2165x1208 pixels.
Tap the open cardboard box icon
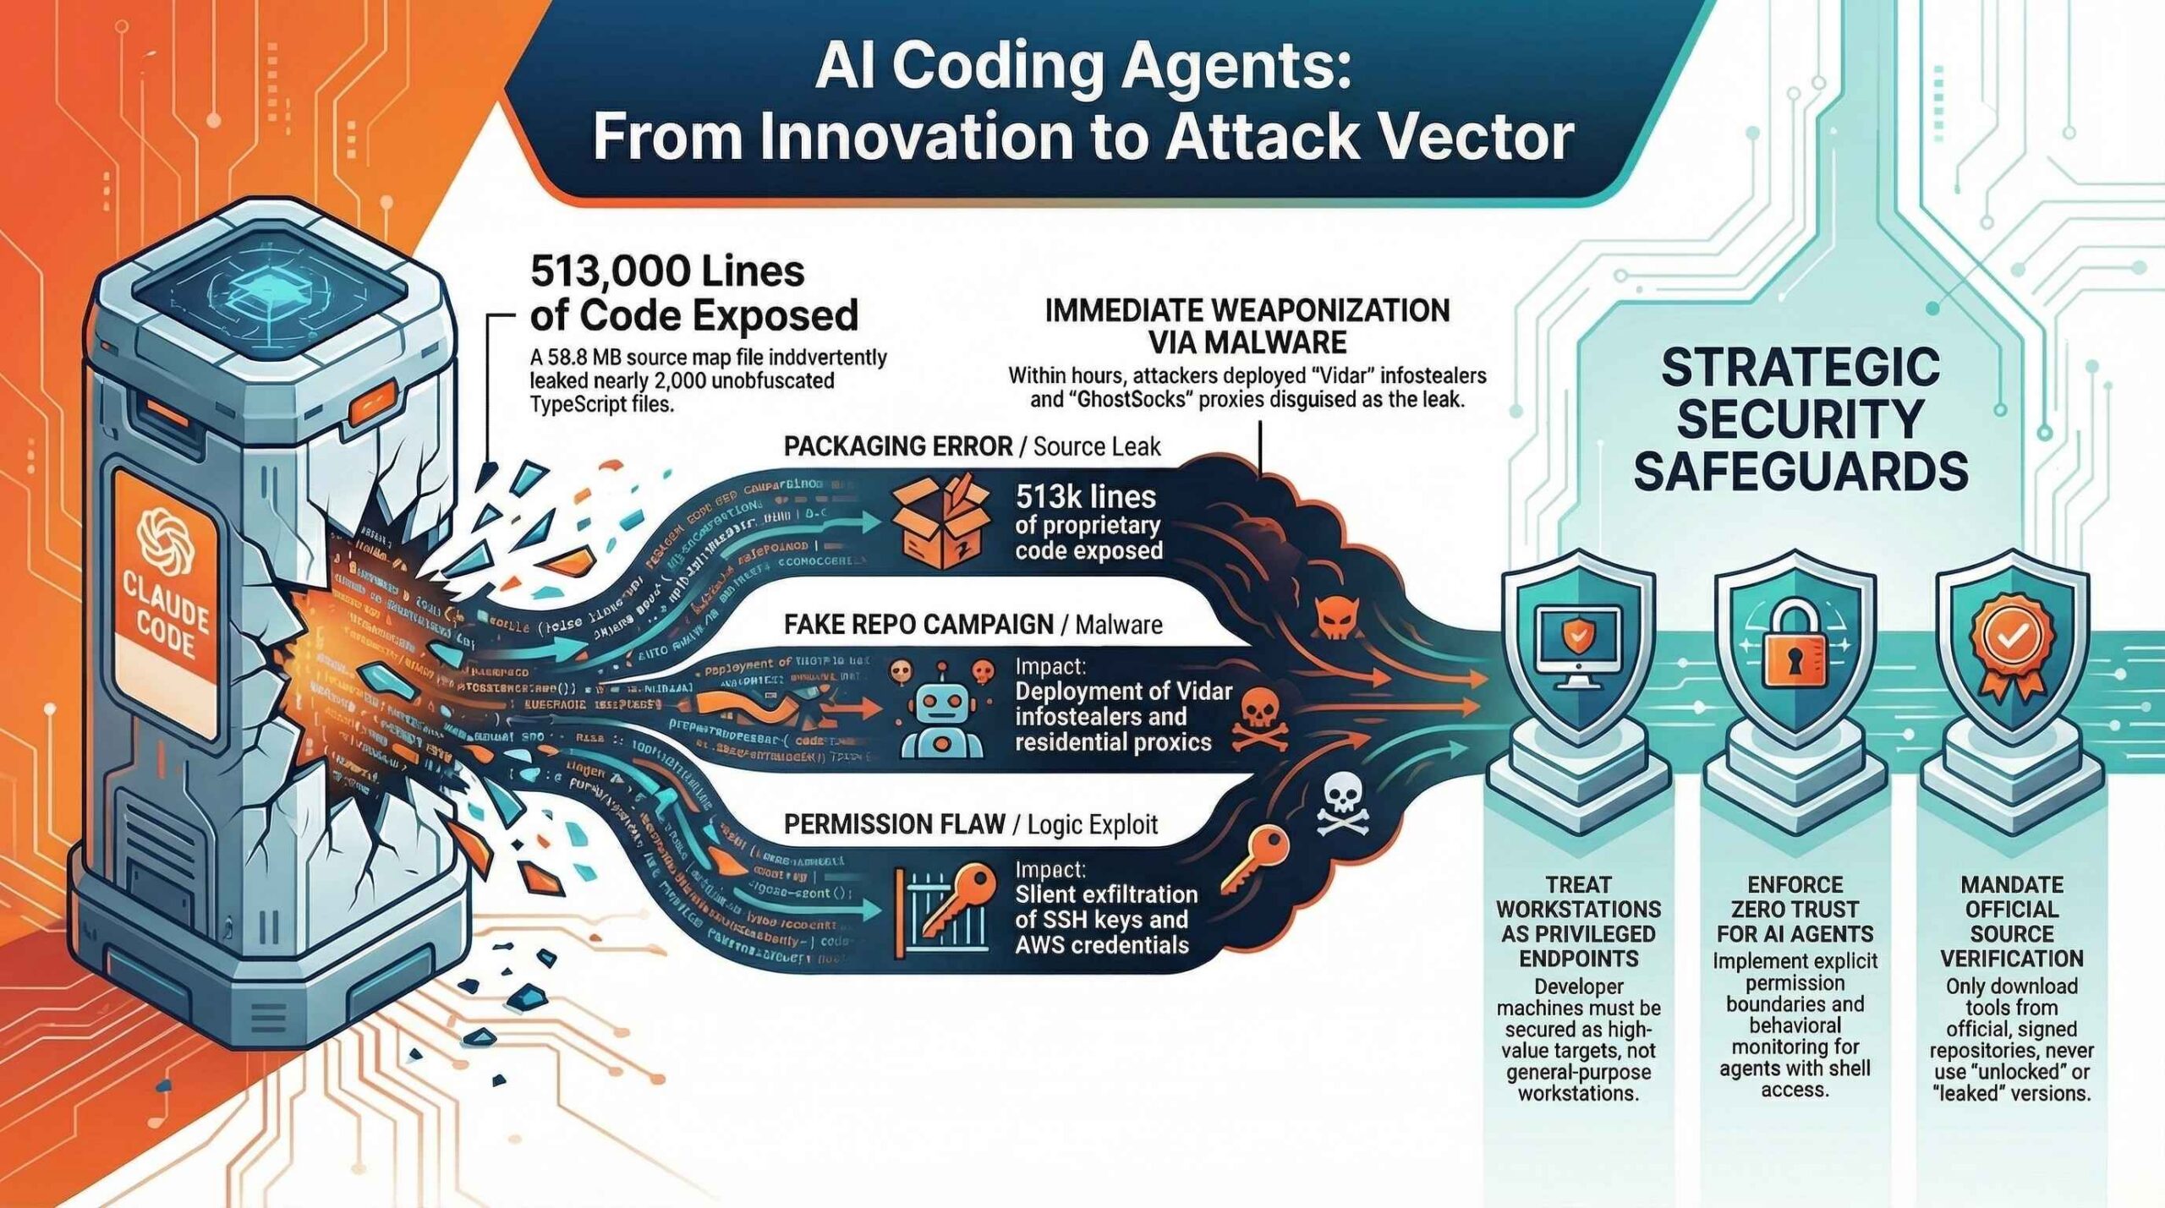click(940, 521)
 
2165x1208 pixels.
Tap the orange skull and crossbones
click(1259, 719)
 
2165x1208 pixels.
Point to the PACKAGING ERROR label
click(897, 446)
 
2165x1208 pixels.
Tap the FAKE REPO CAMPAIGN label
click(918, 625)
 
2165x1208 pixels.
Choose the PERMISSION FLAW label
click(894, 824)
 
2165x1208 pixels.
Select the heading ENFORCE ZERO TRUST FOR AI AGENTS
click(1795, 909)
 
